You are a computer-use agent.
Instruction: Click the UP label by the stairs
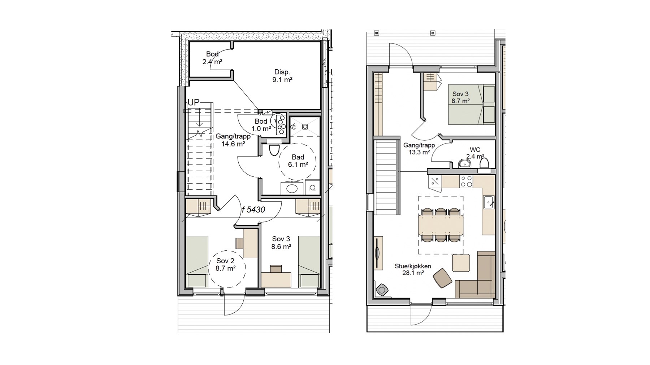coord(194,102)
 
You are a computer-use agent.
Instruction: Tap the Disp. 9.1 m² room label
coord(282,76)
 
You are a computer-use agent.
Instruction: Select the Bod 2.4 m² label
coord(212,58)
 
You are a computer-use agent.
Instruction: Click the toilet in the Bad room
coord(274,149)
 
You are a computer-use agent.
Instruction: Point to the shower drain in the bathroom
coord(305,127)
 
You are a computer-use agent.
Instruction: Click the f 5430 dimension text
coord(253,210)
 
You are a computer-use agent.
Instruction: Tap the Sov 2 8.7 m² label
coord(225,264)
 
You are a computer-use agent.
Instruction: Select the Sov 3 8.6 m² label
coord(281,243)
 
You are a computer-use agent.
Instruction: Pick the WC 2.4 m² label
coord(475,153)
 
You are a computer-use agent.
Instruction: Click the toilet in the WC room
coord(484,163)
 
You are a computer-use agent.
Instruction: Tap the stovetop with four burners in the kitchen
coord(466,181)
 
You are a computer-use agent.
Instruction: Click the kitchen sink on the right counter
coord(489,202)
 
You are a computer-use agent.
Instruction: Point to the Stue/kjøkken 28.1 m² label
coord(413,269)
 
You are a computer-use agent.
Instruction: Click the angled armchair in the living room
coord(443,278)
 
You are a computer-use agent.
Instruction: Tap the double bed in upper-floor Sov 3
coord(472,104)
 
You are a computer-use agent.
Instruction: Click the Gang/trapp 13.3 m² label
coord(419,149)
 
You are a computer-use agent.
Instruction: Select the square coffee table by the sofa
coord(461,263)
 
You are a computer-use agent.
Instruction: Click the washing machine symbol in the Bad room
coord(312,188)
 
